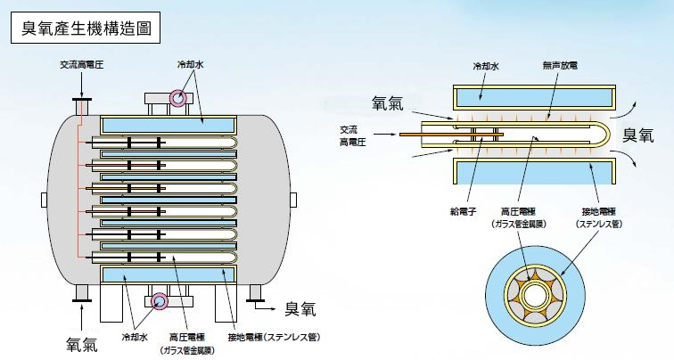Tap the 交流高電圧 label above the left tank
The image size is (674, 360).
tap(82, 65)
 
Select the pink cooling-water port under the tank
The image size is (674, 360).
tap(160, 300)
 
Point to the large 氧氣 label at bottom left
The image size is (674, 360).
tap(85, 341)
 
